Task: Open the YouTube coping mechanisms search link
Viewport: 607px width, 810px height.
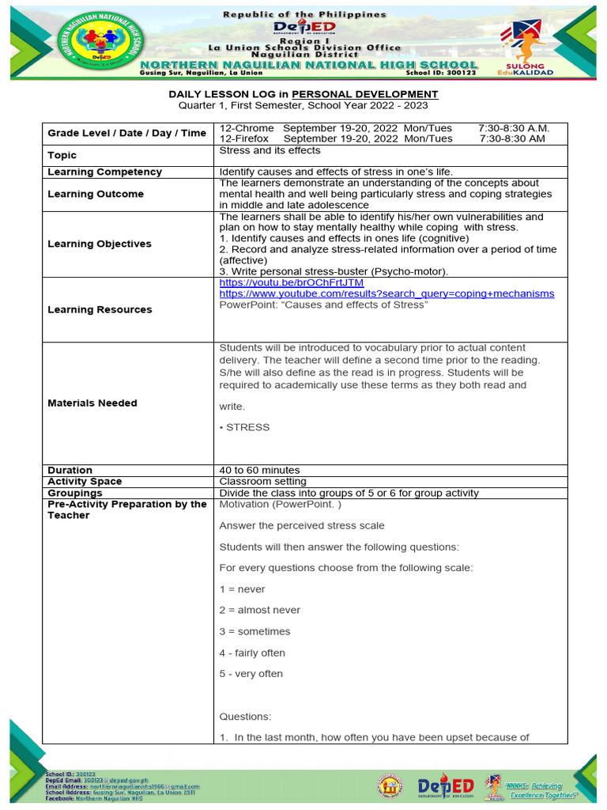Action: click(x=386, y=293)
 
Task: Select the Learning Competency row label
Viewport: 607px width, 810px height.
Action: click(x=104, y=172)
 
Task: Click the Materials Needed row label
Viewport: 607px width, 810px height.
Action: click(x=92, y=403)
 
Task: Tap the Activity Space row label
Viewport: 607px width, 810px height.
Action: click(x=85, y=481)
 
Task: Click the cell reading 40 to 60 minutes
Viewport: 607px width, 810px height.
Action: click(x=259, y=470)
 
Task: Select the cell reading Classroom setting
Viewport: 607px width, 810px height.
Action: click(x=262, y=481)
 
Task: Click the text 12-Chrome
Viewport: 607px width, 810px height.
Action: click(x=247, y=128)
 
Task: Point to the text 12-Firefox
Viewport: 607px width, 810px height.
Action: click(x=244, y=138)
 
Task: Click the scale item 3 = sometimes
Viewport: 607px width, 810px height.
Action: click(x=254, y=631)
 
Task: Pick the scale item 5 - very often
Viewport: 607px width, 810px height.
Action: click(x=251, y=674)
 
